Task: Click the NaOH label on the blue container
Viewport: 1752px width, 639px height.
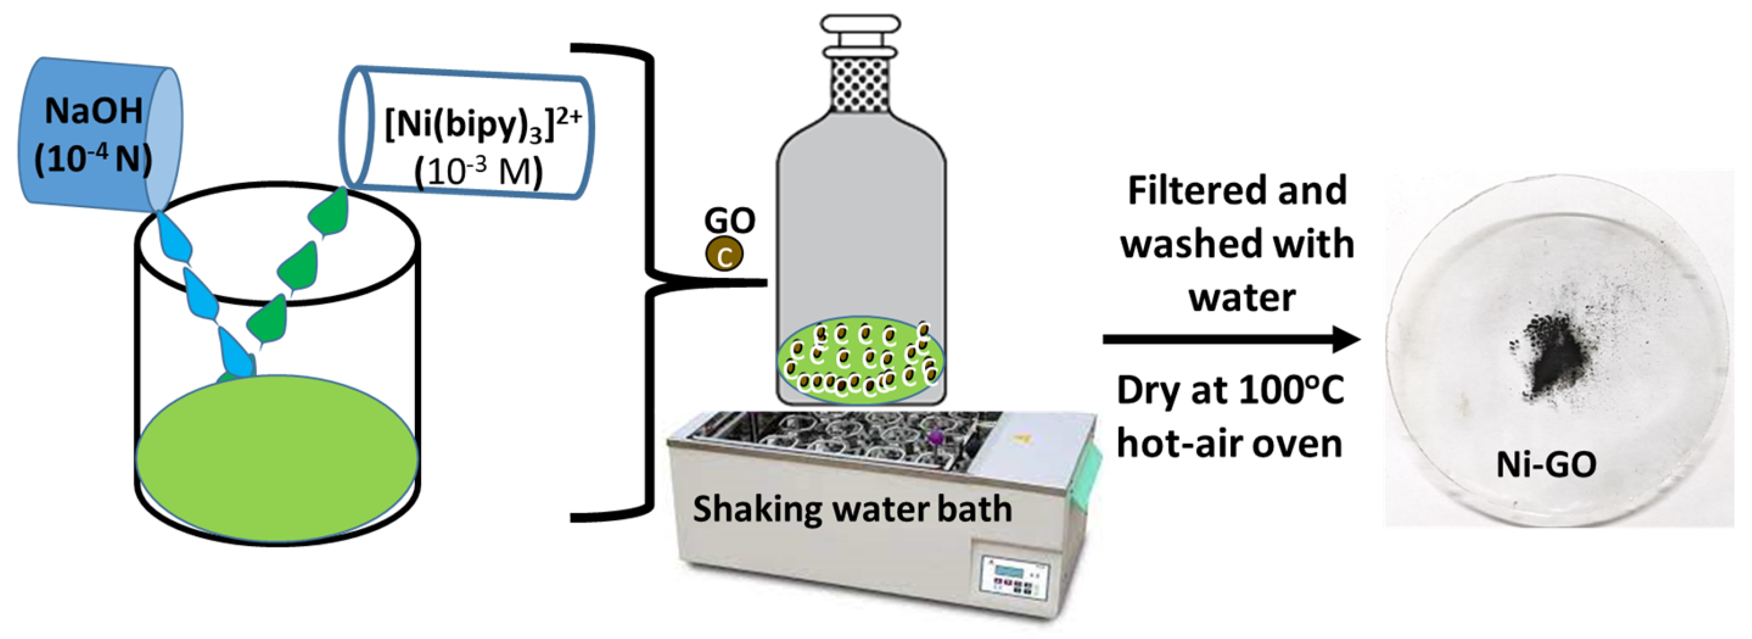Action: coord(94,111)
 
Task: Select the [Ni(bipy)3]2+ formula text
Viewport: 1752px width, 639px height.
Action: coord(482,124)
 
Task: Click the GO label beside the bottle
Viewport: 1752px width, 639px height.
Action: coord(729,221)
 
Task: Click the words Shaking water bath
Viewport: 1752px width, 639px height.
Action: coord(851,509)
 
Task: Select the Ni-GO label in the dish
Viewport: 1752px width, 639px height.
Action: coord(1546,465)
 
